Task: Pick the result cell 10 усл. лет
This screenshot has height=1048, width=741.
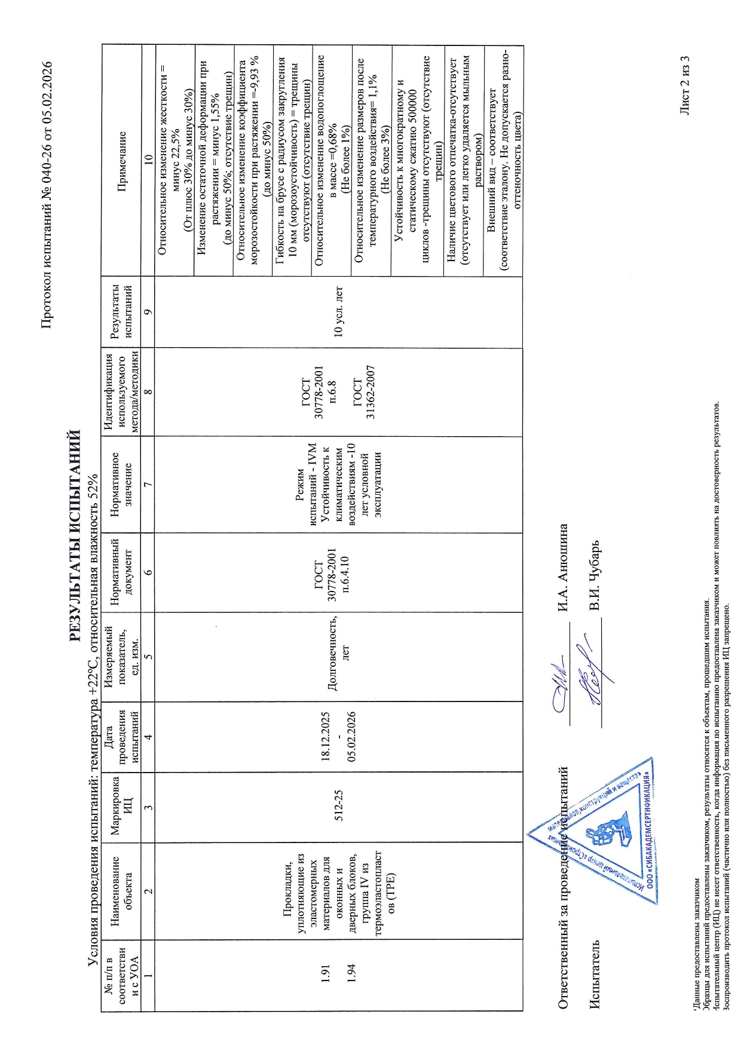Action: (338, 312)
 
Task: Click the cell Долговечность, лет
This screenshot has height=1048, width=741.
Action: (338, 657)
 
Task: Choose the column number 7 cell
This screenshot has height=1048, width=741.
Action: (148, 484)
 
